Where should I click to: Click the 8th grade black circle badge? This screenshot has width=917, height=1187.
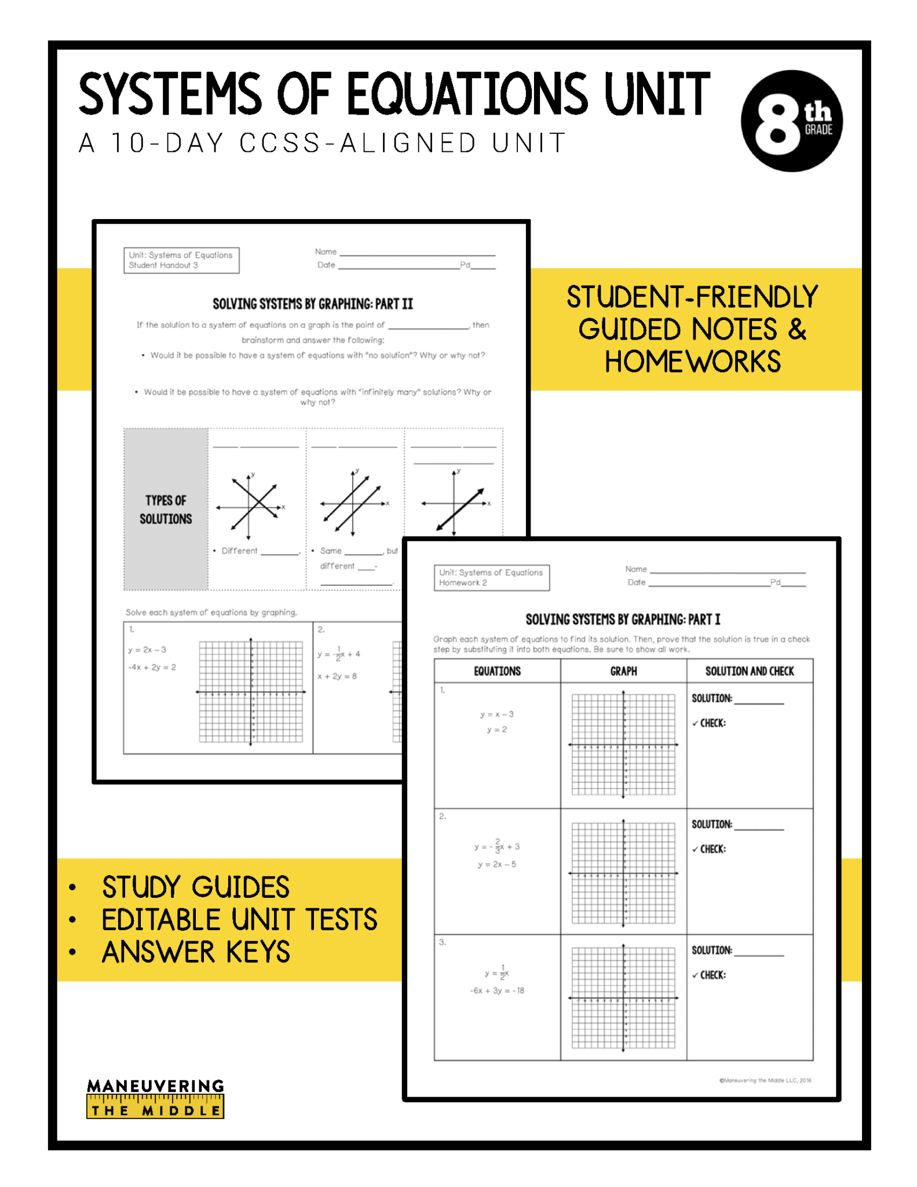[x=791, y=121]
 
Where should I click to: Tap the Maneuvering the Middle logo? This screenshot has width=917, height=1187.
[x=155, y=1098]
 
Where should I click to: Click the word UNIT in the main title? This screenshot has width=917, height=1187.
[x=657, y=94]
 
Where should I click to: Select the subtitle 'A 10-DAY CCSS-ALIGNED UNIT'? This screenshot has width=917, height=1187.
[x=322, y=143]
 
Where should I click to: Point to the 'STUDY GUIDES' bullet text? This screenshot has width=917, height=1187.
[x=195, y=887]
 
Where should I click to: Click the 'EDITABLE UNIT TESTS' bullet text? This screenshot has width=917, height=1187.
[x=239, y=920]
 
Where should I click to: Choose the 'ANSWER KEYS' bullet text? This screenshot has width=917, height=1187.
[x=196, y=952]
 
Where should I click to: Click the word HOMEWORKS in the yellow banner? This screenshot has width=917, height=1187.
[x=693, y=362]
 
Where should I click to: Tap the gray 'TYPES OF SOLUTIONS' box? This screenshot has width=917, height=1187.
[x=166, y=509]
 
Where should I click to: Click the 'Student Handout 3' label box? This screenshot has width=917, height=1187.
[x=181, y=260]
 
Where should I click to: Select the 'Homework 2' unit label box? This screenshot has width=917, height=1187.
[x=491, y=578]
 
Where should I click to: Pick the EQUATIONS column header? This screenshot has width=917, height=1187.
[x=497, y=671]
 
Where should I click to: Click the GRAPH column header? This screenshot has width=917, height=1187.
[x=623, y=671]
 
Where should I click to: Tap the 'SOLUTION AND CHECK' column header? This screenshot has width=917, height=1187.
[x=750, y=671]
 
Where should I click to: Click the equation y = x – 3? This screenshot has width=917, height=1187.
[x=497, y=714]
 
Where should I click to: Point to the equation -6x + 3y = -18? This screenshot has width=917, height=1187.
[x=497, y=991]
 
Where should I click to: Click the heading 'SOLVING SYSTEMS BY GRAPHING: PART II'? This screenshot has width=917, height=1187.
[x=313, y=304]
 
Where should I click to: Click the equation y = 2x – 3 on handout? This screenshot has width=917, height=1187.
[x=148, y=650]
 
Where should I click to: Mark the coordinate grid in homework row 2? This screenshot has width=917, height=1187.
[x=623, y=872]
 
